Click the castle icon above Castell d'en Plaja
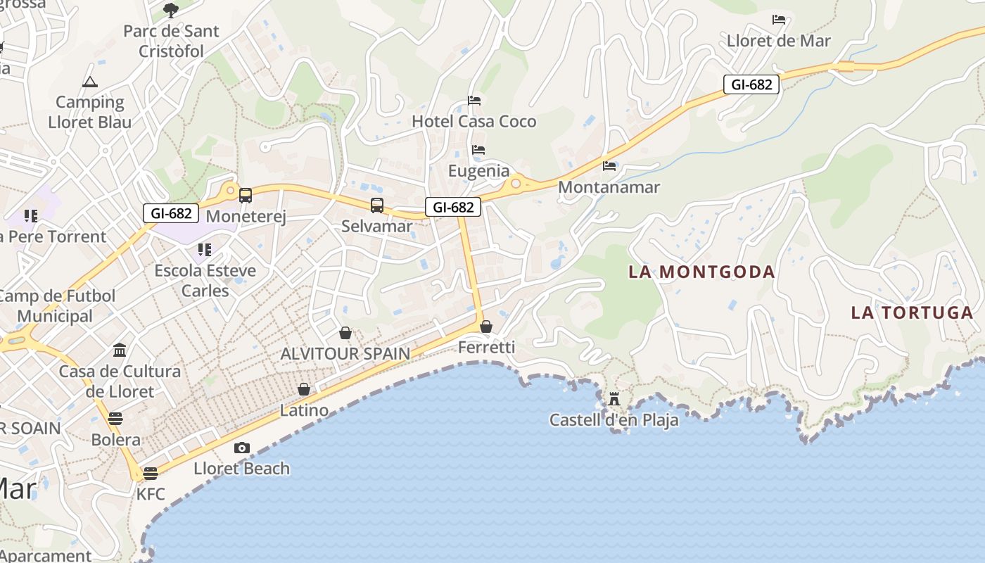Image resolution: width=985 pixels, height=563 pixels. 614,400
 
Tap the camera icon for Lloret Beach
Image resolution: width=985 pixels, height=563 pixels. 241,448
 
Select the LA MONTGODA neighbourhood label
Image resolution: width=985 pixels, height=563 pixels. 701,272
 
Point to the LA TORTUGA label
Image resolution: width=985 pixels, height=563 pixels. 912,312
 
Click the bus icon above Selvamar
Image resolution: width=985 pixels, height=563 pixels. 377,205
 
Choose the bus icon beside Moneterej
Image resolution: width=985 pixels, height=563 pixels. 245,196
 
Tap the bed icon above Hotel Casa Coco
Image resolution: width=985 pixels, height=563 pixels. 474,101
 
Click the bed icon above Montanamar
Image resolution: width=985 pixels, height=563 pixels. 609,166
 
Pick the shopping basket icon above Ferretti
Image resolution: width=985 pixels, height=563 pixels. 486,327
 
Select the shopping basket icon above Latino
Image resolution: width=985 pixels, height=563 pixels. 304,389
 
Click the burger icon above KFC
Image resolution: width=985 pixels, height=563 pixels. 151,474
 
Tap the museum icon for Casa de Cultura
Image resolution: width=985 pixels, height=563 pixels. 120,350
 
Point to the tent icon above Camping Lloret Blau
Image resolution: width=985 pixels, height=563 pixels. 89,82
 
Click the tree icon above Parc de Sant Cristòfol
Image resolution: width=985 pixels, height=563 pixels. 170,10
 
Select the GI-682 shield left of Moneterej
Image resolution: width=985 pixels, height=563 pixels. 171,213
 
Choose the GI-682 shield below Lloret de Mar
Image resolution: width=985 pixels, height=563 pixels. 751,85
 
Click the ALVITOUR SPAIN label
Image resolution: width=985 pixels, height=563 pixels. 345,353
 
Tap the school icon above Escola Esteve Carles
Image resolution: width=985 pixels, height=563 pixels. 205,250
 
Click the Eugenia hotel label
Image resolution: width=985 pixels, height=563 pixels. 478,171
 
